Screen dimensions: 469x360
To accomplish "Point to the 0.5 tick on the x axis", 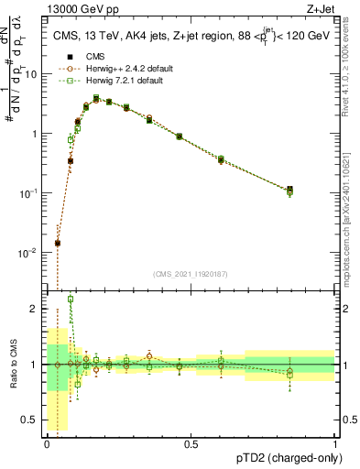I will click(191, 445).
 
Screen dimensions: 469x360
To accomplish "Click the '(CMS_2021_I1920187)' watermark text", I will click(191, 273).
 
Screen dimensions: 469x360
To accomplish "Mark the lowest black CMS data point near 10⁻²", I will click(58, 244).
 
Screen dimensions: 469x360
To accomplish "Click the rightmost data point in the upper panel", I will click(290, 190).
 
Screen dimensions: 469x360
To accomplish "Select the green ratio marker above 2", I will click(71, 300).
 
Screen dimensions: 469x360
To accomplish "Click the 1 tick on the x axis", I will click(335, 445).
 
